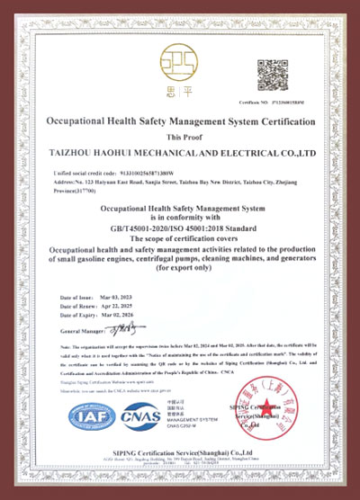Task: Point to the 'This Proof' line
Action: [x=179, y=134]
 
